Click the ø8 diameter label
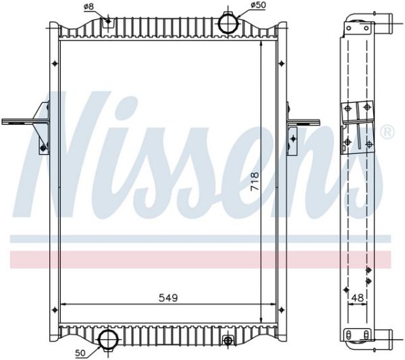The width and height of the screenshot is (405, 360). (x=88, y=7)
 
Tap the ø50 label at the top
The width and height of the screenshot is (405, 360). (x=258, y=5)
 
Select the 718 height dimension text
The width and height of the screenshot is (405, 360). (x=254, y=181)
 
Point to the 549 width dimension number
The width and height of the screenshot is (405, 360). (x=168, y=298)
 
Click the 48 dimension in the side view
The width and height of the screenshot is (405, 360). (x=358, y=298)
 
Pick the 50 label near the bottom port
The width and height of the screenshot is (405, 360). (x=81, y=353)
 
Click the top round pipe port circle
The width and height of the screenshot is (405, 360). (x=229, y=23)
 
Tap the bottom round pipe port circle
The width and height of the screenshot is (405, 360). (x=109, y=340)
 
